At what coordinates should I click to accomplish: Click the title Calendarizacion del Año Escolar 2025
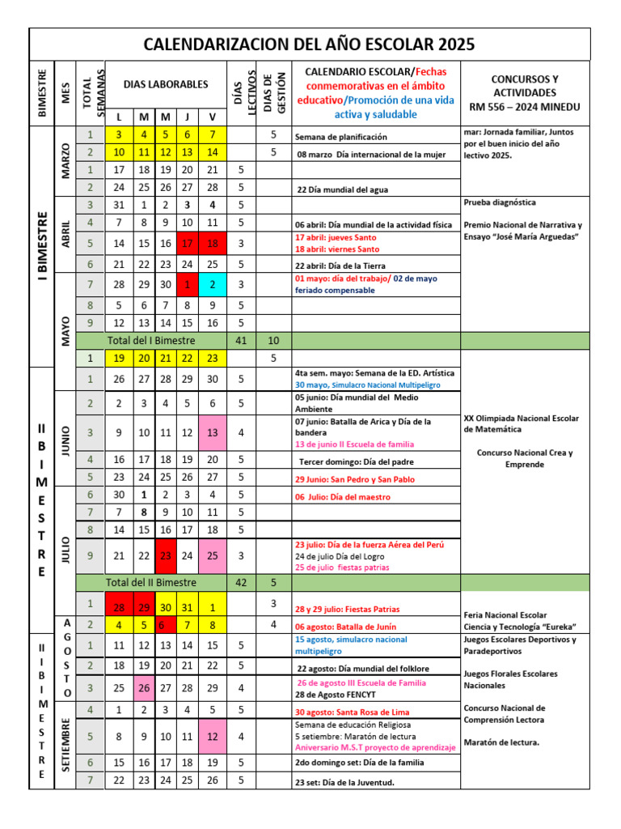click(x=310, y=44)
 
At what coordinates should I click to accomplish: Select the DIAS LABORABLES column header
click(x=166, y=84)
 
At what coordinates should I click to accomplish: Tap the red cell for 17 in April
click(x=188, y=243)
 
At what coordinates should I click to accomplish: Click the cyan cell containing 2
click(x=213, y=285)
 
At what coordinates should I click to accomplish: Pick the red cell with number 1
click(x=188, y=285)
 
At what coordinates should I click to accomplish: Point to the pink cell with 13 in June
click(x=213, y=432)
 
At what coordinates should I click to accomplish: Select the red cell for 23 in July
click(x=166, y=555)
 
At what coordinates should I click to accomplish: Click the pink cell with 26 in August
click(x=143, y=687)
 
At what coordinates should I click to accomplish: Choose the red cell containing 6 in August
click(x=166, y=624)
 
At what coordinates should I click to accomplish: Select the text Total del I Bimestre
click(x=151, y=341)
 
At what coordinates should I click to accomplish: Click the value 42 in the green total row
click(x=240, y=582)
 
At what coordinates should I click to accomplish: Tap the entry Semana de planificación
click(x=340, y=137)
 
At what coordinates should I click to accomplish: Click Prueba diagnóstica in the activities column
click(x=499, y=202)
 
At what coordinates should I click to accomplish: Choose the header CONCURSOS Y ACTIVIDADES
click(x=525, y=92)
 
